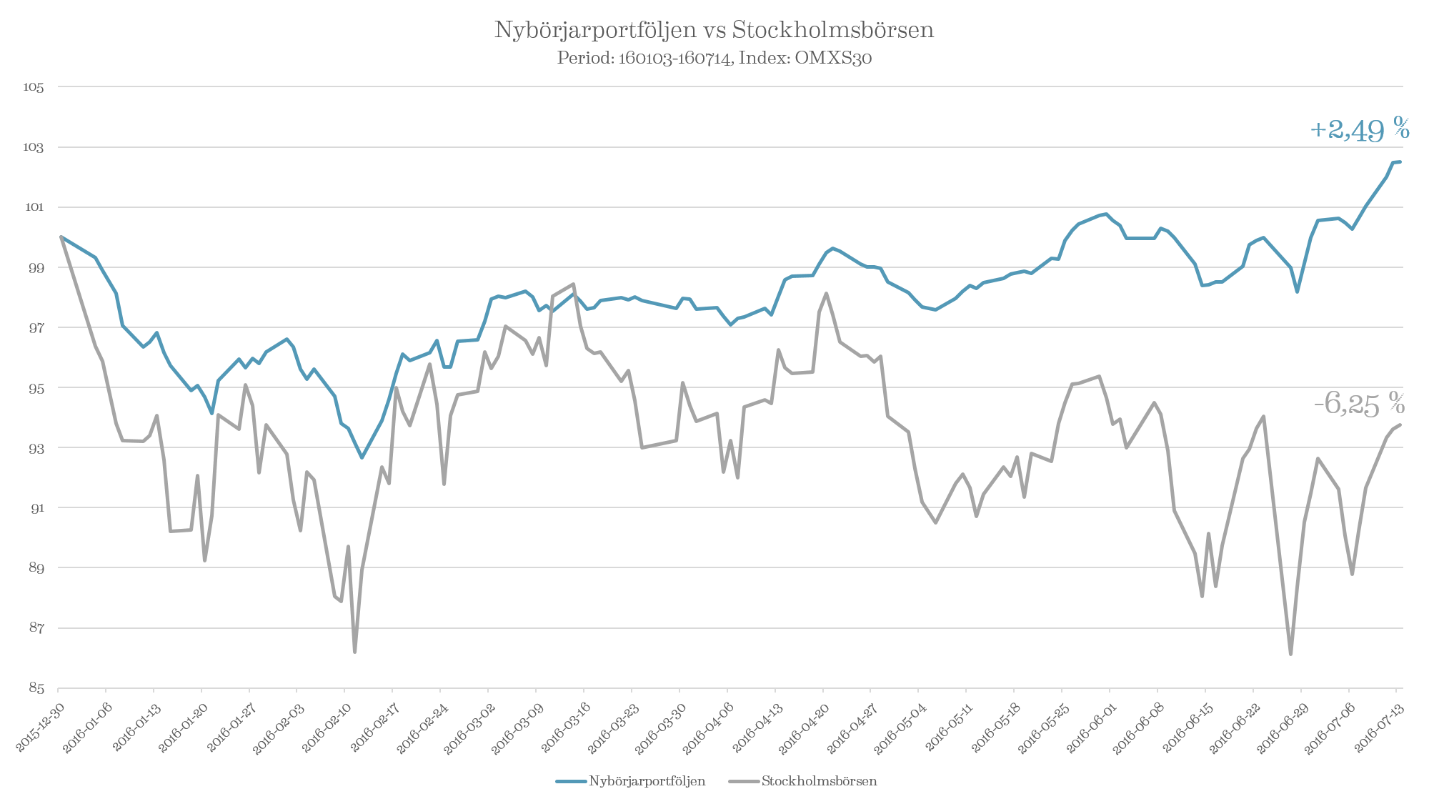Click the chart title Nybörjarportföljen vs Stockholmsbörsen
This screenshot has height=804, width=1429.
coord(714,30)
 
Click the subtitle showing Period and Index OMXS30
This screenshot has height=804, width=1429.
coord(714,58)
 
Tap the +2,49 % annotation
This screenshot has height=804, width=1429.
coord(1360,130)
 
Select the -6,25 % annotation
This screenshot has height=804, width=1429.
coord(1359,404)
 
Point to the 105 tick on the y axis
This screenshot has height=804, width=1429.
coord(34,87)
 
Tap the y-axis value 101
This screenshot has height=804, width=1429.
coord(34,207)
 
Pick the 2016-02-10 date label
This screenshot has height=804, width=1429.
coord(327,723)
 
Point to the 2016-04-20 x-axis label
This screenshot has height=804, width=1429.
coord(805,723)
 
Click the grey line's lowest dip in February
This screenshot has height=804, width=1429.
coord(355,652)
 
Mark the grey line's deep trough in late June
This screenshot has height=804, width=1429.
coord(1290,654)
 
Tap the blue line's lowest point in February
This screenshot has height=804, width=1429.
coord(362,457)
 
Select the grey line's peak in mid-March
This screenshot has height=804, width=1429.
coord(574,284)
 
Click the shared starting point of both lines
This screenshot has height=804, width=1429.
coord(61,237)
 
